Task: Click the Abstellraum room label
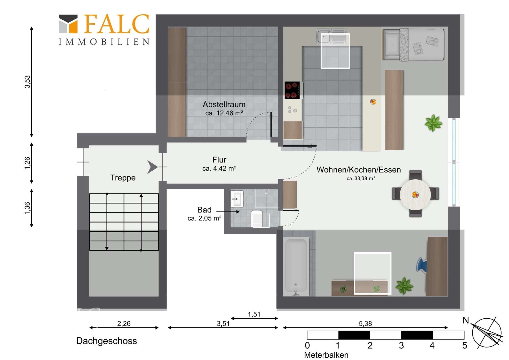click(224, 104)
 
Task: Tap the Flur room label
click(219, 160)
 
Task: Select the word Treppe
click(123, 178)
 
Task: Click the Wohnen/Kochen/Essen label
click(358, 170)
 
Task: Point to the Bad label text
click(204, 210)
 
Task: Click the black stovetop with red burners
click(292, 90)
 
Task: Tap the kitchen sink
click(331, 37)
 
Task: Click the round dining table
click(415, 195)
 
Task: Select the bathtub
click(296, 266)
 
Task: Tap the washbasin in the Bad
click(237, 199)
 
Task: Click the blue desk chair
click(422, 265)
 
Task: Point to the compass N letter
click(466, 320)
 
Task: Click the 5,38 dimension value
click(365, 324)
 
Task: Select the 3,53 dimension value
click(27, 82)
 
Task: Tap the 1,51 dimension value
click(254, 314)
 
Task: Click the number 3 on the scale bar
click(401, 346)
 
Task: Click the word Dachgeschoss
click(107, 341)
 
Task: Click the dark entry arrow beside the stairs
click(152, 167)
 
